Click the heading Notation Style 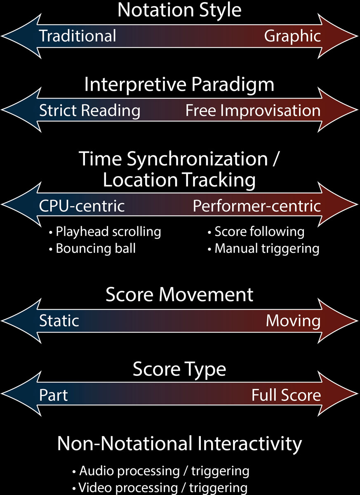coord(179,11)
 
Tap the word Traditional coord(78,36)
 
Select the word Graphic coord(292,36)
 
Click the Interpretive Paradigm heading coord(179,85)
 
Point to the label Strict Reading coord(89,111)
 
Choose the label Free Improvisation coord(253,110)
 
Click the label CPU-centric coord(82,206)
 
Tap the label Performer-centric coord(257,206)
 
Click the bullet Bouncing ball coord(92,248)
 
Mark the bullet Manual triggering coord(264,249)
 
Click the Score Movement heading coord(179,295)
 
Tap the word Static coord(59,321)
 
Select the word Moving coord(293,321)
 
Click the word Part coord(54,395)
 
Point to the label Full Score coord(286,395)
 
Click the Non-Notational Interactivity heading coord(179,443)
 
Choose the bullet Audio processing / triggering coord(161,471)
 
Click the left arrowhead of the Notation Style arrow coord(21,36)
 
